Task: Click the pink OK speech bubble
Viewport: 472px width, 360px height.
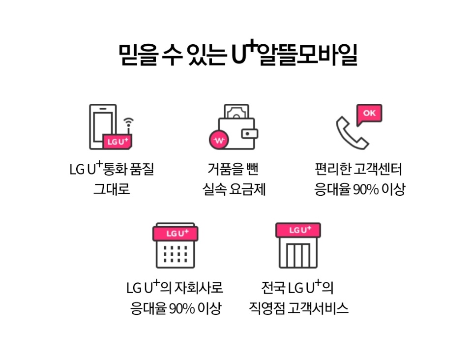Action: tap(369, 114)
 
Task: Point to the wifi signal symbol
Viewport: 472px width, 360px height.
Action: tap(129, 123)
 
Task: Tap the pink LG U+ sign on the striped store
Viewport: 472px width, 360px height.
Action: tap(298, 230)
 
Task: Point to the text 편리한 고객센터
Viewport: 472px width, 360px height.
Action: tap(358, 170)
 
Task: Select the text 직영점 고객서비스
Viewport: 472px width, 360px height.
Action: tap(298, 308)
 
